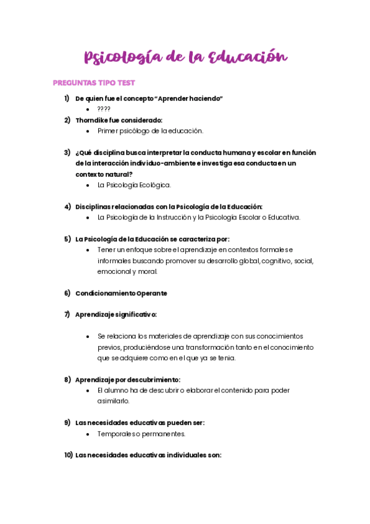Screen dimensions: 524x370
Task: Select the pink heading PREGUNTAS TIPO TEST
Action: [93, 83]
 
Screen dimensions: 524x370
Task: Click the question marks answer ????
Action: [104, 109]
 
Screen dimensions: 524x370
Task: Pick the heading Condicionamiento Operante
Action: [121, 293]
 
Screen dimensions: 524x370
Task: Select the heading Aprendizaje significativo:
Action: [116, 314]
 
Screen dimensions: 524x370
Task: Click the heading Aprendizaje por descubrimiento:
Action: [128, 379]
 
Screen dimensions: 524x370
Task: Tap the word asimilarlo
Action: [113, 401]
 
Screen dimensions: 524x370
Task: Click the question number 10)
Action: [68, 455]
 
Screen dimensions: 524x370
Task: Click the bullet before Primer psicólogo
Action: [90, 131]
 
